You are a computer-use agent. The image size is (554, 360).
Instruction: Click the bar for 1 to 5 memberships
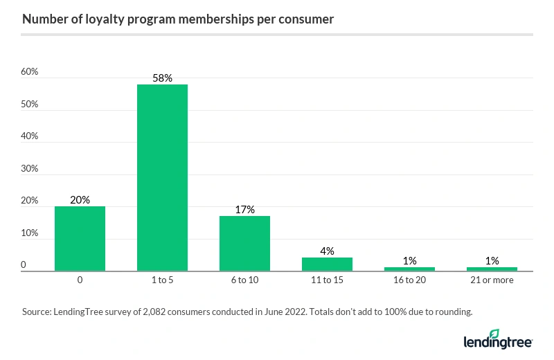pos(162,177)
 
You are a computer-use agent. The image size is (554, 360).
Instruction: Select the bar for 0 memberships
pos(80,238)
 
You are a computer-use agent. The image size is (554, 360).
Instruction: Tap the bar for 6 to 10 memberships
pos(244,243)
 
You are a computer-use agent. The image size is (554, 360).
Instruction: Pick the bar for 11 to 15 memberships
pos(327,264)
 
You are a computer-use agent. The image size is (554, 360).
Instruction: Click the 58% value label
pos(162,78)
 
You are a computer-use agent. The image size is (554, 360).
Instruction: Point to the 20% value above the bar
pos(80,200)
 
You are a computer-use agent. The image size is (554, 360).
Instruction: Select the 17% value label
pos(244,209)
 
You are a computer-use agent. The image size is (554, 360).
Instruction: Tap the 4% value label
pos(327,251)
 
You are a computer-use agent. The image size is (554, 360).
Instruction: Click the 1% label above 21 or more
pos(492,260)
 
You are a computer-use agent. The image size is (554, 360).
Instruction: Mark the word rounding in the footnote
pos(452,312)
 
